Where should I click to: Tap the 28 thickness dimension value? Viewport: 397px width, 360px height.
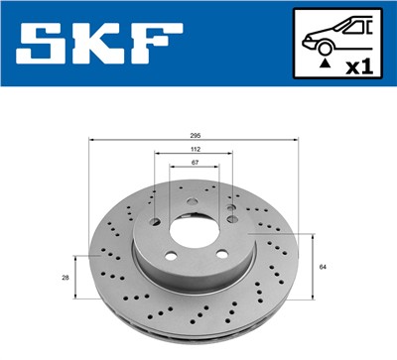(66, 279)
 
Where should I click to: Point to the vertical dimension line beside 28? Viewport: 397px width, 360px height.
(74, 279)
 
